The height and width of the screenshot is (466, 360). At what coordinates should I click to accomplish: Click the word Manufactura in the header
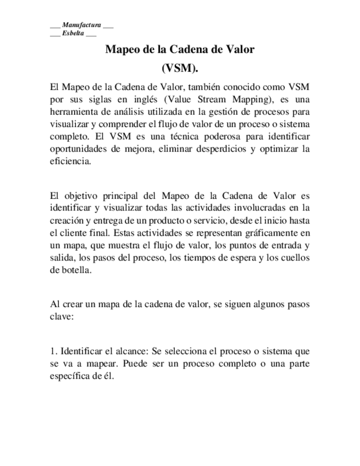[x=81, y=25]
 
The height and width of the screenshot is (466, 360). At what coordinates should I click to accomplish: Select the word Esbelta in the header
[x=73, y=34]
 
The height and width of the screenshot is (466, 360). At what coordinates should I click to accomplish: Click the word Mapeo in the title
[x=122, y=49]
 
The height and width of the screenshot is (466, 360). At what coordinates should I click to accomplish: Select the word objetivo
[x=86, y=195]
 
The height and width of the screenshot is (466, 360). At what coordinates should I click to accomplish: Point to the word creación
[x=66, y=220]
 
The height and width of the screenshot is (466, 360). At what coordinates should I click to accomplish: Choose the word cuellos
[x=296, y=257]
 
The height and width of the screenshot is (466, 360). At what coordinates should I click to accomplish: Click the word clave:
[x=61, y=316]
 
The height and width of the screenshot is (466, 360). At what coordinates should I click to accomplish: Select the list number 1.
[x=52, y=351]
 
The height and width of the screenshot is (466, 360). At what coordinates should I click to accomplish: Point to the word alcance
[x=127, y=351]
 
